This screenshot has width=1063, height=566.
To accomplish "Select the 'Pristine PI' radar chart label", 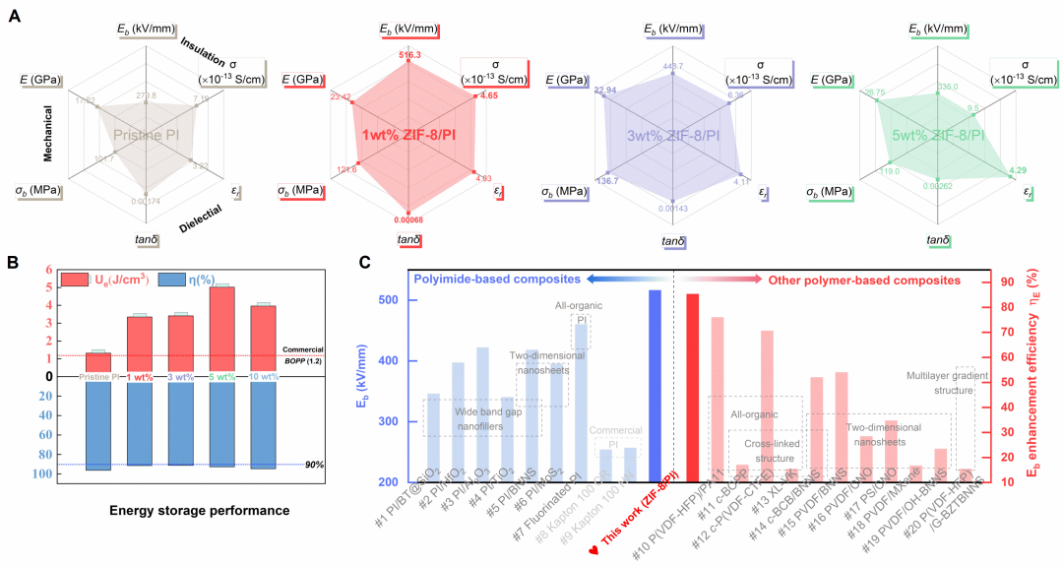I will pyautogui.click(x=145, y=134).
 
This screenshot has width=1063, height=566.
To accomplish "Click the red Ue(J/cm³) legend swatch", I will pyautogui.click(x=75, y=280).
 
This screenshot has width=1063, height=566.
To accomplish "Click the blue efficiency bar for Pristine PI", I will pyautogui.click(x=97, y=425).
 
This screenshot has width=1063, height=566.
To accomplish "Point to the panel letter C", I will pyautogui.click(x=365, y=263).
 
